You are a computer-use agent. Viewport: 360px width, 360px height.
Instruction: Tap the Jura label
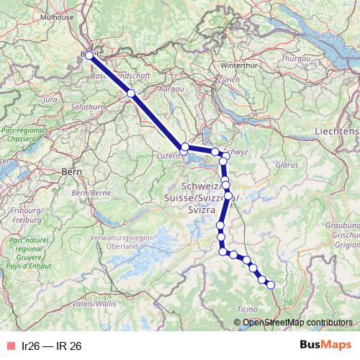[x=50, y=102]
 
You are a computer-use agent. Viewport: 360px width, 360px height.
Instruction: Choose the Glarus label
[x=287, y=164]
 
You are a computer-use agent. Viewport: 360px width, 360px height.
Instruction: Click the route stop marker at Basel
[x=90, y=55]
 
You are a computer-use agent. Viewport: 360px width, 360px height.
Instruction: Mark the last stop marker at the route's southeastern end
[x=271, y=285]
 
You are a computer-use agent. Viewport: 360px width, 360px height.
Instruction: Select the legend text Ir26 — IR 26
[x=52, y=346]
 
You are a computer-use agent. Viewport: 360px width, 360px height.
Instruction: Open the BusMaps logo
[x=325, y=346]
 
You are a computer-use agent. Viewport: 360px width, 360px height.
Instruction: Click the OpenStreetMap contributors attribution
[x=297, y=323]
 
